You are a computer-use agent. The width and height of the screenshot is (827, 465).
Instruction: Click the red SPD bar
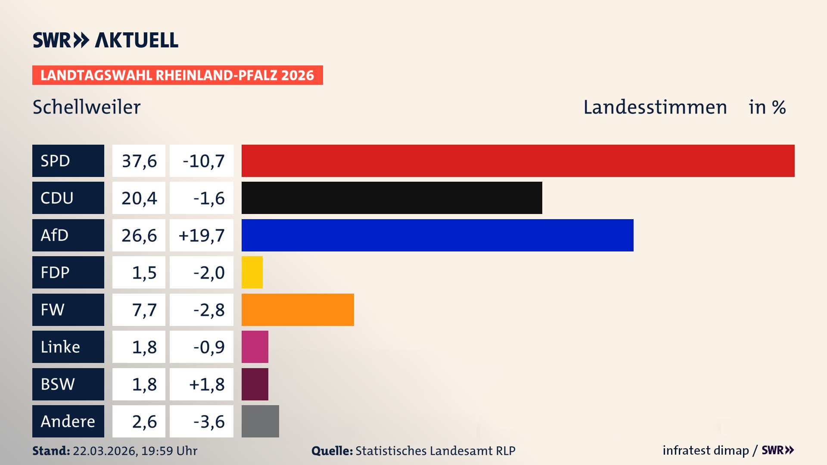518,161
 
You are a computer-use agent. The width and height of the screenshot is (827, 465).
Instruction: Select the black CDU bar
392,198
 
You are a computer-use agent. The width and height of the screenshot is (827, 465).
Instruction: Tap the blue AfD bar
437,235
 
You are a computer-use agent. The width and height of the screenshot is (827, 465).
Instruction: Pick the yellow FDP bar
252,272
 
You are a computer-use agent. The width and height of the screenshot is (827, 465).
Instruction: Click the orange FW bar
298,310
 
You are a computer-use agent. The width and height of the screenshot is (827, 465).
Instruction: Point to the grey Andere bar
260,421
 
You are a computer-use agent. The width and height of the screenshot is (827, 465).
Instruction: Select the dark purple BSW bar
255,384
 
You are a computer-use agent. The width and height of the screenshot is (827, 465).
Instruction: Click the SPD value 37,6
139,161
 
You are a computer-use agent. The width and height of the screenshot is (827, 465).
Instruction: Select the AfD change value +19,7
202,236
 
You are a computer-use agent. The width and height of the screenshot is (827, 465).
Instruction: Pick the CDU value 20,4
139,198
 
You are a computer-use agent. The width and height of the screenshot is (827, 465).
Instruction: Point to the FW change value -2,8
208,310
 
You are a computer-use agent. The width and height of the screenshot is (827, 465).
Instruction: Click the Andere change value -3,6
208,422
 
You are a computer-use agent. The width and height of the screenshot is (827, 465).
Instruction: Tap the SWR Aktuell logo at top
105,40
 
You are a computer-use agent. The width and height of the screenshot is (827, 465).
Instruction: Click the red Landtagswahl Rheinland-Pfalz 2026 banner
177,75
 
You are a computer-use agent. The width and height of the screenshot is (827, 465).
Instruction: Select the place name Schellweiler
87,107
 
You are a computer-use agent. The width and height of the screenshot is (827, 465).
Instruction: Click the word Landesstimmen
655,107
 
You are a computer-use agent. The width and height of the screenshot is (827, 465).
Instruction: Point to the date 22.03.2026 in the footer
105,451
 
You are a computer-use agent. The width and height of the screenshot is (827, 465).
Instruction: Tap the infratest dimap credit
705,450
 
